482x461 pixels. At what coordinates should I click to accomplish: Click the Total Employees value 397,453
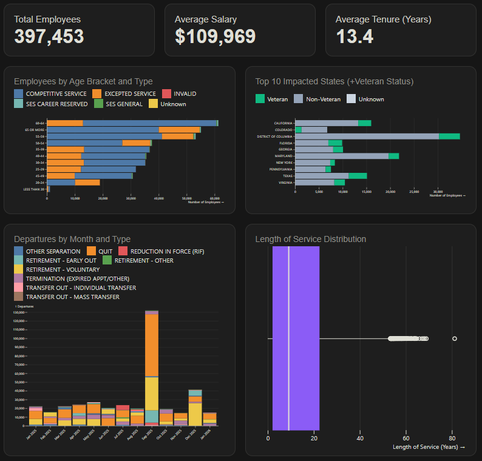[x=49, y=37]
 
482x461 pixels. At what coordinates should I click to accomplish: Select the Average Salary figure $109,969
[x=215, y=37]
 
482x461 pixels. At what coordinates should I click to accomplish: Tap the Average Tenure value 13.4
[x=355, y=37]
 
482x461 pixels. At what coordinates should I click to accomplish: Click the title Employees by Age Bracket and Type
[x=83, y=81]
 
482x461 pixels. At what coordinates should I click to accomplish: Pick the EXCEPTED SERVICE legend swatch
[x=97, y=93]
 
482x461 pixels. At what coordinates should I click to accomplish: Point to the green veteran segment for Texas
[x=358, y=176]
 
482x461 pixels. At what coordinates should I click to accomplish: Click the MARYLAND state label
[x=283, y=156]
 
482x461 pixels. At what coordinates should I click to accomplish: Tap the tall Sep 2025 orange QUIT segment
[x=152, y=346]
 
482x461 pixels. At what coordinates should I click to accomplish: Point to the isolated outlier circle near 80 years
[x=455, y=338]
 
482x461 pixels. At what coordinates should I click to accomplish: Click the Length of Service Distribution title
[x=311, y=239]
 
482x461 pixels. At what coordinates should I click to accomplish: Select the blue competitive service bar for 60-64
[x=149, y=123]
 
